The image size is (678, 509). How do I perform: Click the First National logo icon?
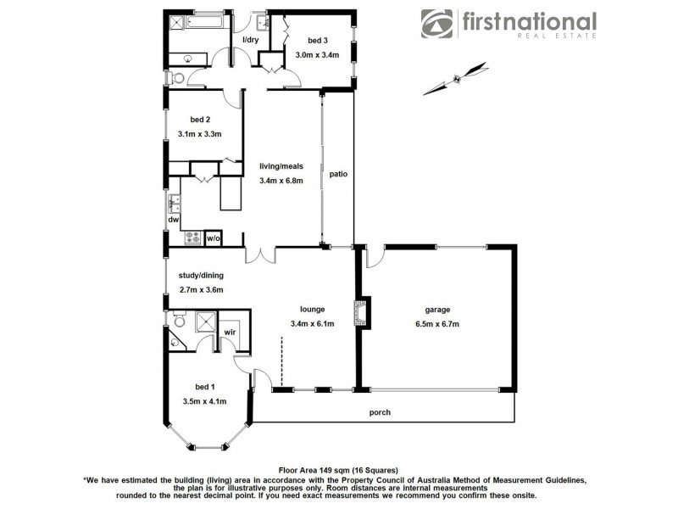(438, 24)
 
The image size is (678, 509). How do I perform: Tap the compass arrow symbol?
(456, 79)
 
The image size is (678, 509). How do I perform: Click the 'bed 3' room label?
(317, 41)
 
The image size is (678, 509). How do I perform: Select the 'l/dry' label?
(251, 41)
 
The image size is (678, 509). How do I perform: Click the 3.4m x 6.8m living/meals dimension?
(281, 181)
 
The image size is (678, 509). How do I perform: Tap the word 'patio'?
(339, 174)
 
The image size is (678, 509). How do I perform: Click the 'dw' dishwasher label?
(173, 220)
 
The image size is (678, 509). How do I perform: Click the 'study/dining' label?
(200, 275)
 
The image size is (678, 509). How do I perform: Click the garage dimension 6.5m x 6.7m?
(436, 323)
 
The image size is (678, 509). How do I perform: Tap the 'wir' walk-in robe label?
(230, 332)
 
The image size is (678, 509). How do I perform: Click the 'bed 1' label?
(204, 387)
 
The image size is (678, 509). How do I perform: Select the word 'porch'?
(380, 413)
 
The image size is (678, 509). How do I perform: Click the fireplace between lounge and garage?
(362, 311)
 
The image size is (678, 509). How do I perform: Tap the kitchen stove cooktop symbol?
(192, 238)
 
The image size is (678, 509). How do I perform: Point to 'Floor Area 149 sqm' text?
(321, 469)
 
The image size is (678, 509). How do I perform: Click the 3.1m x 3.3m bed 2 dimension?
(200, 134)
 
